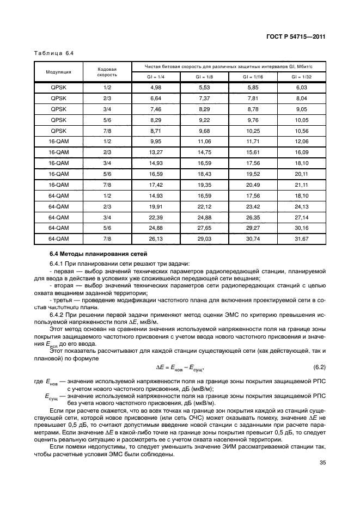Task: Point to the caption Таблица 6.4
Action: (x=53, y=53)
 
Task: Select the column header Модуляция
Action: (x=58, y=71)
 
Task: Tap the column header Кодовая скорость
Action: (x=107, y=71)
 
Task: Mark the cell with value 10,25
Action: (x=253, y=130)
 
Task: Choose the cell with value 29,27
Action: (x=253, y=228)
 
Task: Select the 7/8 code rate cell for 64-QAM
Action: (x=107, y=238)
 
